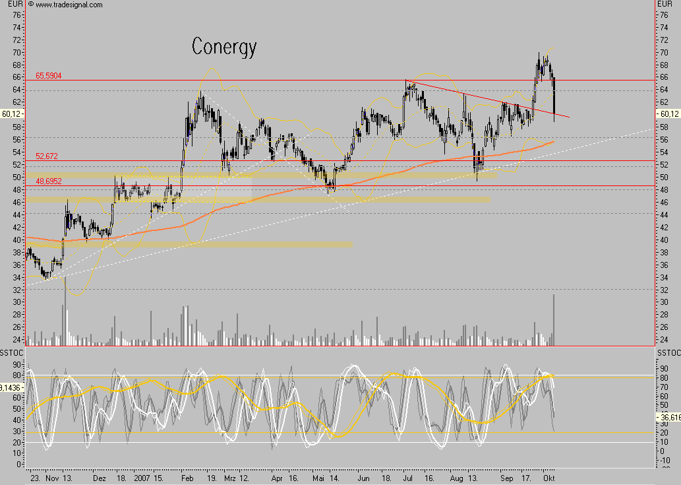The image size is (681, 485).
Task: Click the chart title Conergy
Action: point(223,46)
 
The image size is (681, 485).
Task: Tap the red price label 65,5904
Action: point(48,76)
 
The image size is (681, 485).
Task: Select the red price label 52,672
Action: point(47,156)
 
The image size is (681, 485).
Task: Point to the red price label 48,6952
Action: point(48,181)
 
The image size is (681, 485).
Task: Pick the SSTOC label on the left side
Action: point(12,355)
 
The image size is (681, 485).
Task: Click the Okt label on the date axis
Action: point(548,478)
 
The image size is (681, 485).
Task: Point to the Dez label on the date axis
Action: point(99,478)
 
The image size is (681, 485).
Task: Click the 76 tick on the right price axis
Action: point(664,15)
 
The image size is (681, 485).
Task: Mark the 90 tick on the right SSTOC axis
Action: point(665,370)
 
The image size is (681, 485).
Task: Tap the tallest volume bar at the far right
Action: point(554,320)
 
